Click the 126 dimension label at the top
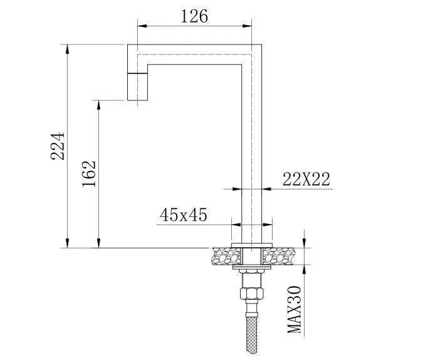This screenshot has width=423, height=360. tap(194, 16)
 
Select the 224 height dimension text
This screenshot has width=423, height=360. tap(58, 146)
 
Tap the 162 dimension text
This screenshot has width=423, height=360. tap(89, 174)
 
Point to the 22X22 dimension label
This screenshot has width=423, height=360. tap(306, 179)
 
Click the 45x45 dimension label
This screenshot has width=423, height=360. tap(184, 215)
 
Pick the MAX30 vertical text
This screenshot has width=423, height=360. tap(295, 310)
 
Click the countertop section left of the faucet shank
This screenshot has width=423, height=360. tap(225, 255)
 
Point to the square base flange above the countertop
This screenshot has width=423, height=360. tap(252, 244)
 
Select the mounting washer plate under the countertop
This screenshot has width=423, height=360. tap(252, 268)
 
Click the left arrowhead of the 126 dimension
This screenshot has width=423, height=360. tap(141, 26)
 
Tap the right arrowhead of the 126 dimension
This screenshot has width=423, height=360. tap(258, 26)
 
